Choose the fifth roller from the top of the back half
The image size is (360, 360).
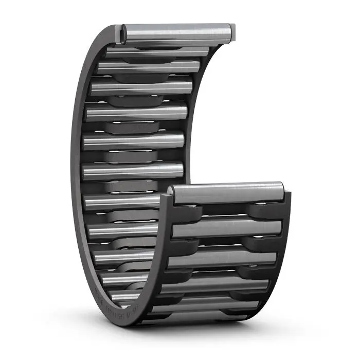(136, 112)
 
